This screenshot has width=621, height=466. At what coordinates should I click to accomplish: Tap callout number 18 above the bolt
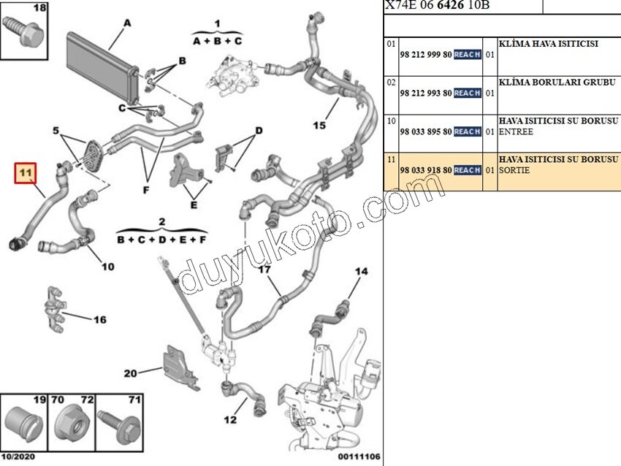tap(20, 9)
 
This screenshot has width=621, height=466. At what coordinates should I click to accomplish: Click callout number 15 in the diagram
tap(319, 125)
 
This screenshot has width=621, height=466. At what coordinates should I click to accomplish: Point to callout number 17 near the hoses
tap(264, 270)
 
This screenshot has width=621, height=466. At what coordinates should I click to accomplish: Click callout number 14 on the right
tap(361, 272)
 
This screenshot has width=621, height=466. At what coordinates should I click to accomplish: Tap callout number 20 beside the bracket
tap(130, 373)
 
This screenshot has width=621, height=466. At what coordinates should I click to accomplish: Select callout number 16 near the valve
tap(99, 319)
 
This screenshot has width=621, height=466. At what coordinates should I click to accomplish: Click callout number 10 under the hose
tap(107, 267)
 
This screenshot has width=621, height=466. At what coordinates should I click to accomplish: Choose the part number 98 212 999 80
tap(425, 55)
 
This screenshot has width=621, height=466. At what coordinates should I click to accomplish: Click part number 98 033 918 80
tap(425, 170)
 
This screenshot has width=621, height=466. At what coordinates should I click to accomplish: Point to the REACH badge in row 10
tap(467, 132)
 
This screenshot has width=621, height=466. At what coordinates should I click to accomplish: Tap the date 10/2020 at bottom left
tap(18, 457)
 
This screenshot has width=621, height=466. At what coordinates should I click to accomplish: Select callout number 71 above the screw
tap(134, 400)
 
